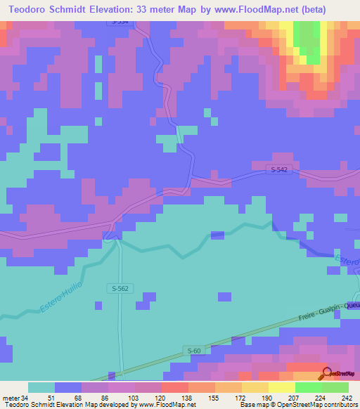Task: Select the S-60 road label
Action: pyautogui.click(x=195, y=351)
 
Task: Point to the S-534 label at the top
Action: pyautogui.click(x=121, y=22)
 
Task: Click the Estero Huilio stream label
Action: pyautogui.click(x=61, y=296)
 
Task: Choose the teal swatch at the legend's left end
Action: pyautogui.click(x=41, y=387)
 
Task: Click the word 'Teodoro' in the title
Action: pyautogui.click(x=30, y=8)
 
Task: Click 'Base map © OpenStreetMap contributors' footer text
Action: pyautogui.click(x=298, y=405)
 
